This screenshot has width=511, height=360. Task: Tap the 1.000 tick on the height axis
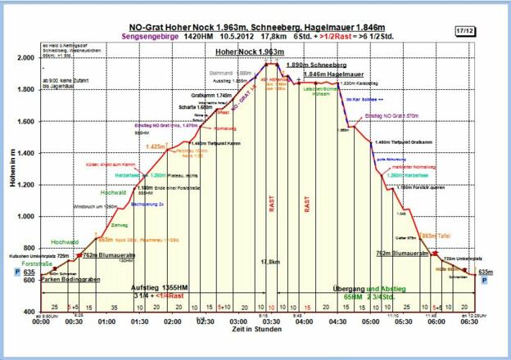[26, 217]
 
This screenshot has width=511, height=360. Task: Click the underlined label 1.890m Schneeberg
[310, 64]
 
